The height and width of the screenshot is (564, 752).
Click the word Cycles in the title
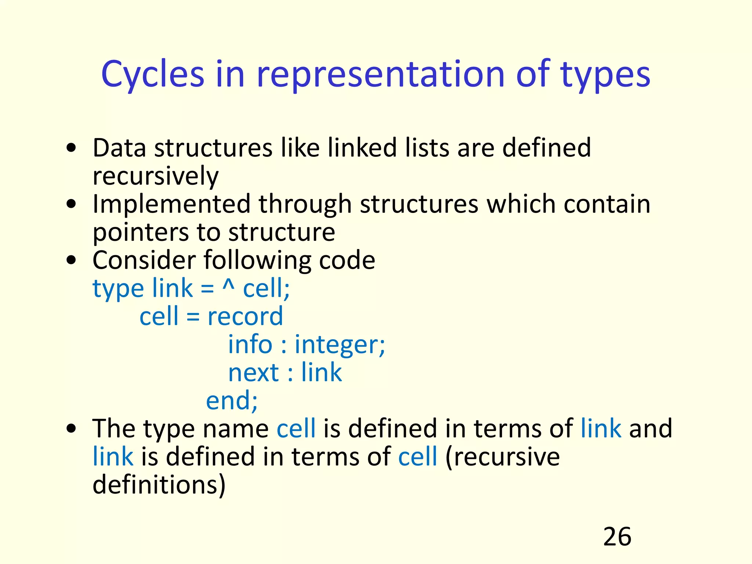pyautogui.click(x=152, y=75)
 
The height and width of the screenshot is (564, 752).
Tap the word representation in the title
pyautogui.click(x=380, y=75)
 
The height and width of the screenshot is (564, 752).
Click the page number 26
pyautogui.click(x=617, y=536)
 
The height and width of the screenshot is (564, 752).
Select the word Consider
pyautogui.click(x=144, y=260)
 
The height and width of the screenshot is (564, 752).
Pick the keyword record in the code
pyautogui.click(x=245, y=317)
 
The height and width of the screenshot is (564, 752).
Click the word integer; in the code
pyautogui.click(x=340, y=345)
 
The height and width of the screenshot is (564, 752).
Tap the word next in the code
pyautogui.click(x=253, y=373)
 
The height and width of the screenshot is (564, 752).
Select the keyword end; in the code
pyautogui.click(x=232, y=401)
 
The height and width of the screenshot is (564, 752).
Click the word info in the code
pyautogui.click(x=250, y=344)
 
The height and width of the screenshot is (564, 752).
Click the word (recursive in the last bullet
pyautogui.click(x=502, y=458)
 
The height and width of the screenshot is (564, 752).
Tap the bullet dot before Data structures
pyautogui.click(x=72, y=148)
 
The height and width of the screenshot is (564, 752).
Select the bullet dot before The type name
pyautogui.click(x=72, y=429)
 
